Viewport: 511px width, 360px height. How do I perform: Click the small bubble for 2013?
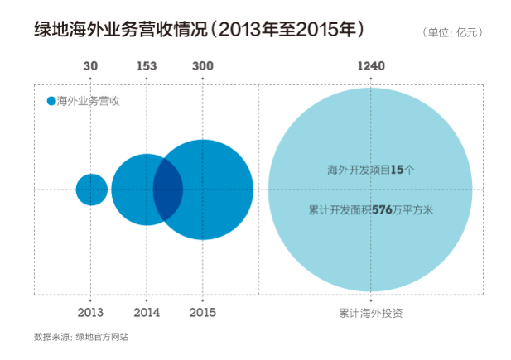[x=91, y=190]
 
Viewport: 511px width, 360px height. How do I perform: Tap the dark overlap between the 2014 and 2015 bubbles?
[x=169, y=190]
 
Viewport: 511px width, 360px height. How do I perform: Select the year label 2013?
[x=91, y=312]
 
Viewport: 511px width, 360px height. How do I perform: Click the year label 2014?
[x=147, y=312]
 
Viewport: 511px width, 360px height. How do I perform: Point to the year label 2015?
[x=203, y=312]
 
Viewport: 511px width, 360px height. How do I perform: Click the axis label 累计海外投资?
[x=370, y=313]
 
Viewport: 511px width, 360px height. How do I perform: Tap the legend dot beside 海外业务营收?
[x=51, y=101]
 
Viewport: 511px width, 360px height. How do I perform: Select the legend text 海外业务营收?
[x=89, y=101]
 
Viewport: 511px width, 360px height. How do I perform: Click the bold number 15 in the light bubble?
[x=396, y=170]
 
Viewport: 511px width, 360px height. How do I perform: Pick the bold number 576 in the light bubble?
[x=382, y=210]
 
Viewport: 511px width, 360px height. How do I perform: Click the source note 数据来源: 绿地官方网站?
[x=81, y=337]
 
